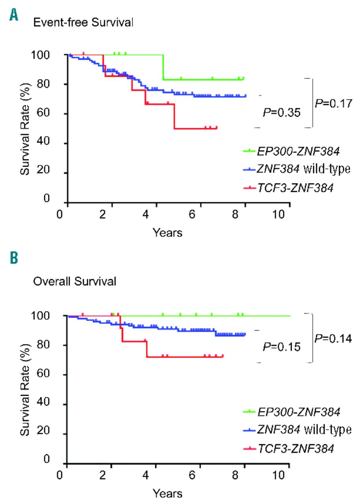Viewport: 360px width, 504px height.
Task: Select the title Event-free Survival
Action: click(x=83, y=23)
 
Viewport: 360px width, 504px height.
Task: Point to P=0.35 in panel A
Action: click(x=282, y=113)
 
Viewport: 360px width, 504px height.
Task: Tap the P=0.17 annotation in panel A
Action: click(x=332, y=103)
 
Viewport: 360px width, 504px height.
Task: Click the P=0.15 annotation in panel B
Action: click(x=282, y=347)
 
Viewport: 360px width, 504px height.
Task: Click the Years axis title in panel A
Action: click(x=167, y=233)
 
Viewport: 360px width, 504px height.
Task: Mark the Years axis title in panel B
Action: click(x=167, y=493)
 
